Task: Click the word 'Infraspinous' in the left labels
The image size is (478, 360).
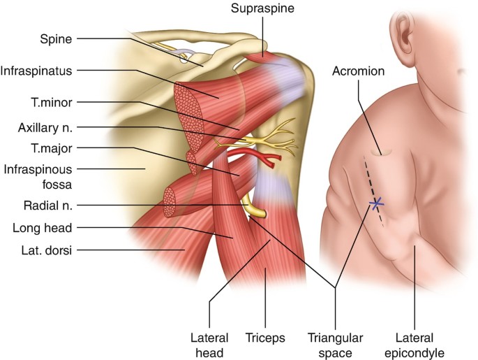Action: (32, 168)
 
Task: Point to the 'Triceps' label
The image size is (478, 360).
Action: (265, 338)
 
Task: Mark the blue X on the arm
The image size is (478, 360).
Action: (376, 204)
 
